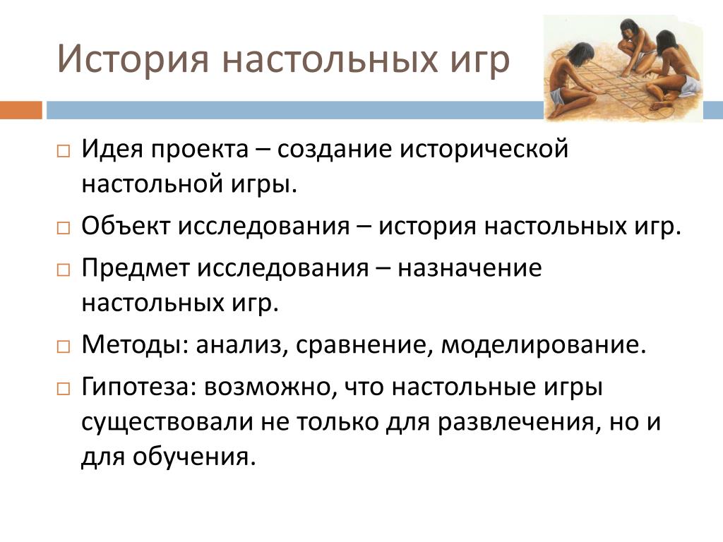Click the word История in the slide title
pyautogui.click(x=133, y=59)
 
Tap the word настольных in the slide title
pyautogui.click(x=330, y=60)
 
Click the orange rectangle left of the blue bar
pyautogui.click(x=20, y=110)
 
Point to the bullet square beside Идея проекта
pyautogui.click(x=63, y=151)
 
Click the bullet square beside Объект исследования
pyautogui.click(x=63, y=228)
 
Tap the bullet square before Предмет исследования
pyautogui.click(x=63, y=270)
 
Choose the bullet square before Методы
pyautogui.click(x=63, y=347)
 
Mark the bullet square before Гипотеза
pyautogui.click(x=63, y=389)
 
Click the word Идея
pyautogui.click(x=112, y=150)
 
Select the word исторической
pyautogui.click(x=484, y=150)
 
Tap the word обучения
pyautogui.click(x=194, y=457)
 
